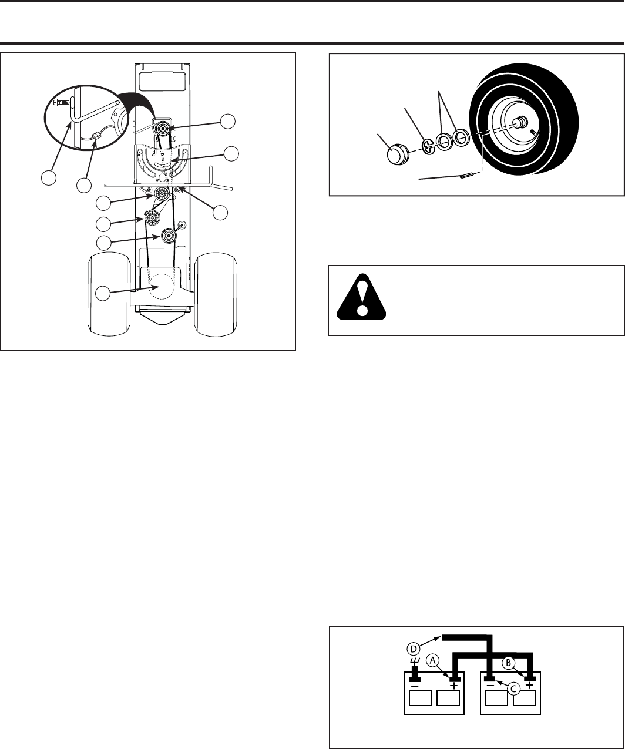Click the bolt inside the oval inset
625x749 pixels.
pos(61,101)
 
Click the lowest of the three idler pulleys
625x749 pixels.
pos(168,236)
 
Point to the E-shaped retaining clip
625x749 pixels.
pos(428,147)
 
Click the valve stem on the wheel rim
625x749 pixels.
pos(532,132)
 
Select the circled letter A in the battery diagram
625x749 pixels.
pos(432,660)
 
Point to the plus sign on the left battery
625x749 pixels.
pos(453,685)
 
